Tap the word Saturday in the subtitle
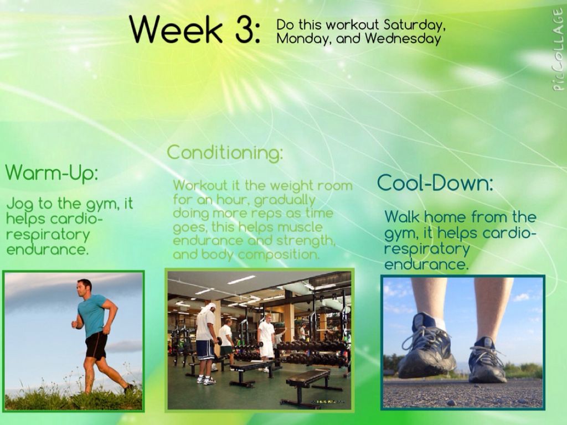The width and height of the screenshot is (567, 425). (x=414, y=25)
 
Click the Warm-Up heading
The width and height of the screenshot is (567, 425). (x=51, y=173)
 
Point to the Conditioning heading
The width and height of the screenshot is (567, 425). (x=225, y=153)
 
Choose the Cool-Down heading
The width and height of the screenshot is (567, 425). (x=435, y=183)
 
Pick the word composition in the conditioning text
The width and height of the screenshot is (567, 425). (x=279, y=255)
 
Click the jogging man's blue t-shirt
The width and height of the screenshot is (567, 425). (x=92, y=315)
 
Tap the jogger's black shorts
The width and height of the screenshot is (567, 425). (x=96, y=345)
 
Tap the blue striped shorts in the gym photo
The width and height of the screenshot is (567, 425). (x=205, y=350)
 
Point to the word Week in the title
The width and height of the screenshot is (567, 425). (x=176, y=30)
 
